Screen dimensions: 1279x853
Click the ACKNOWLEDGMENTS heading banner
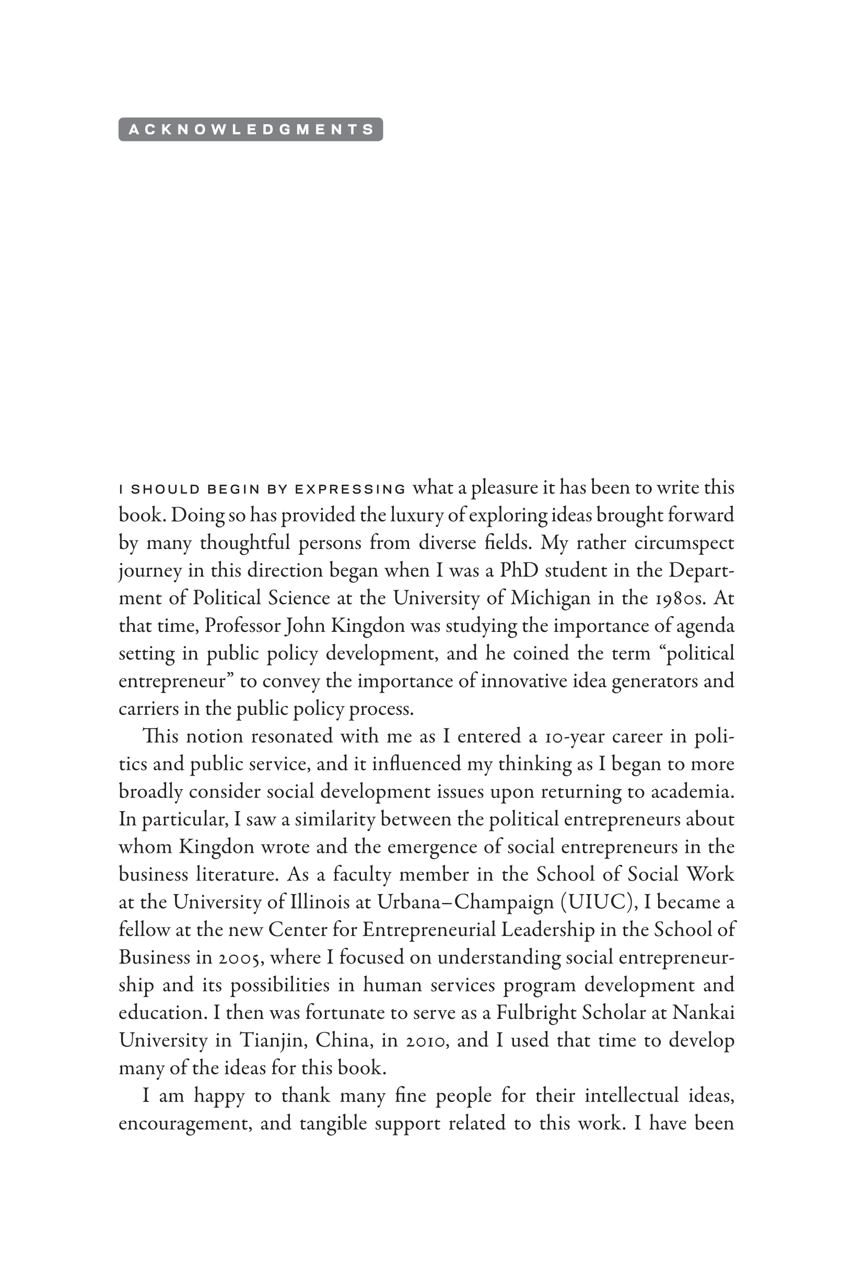251,130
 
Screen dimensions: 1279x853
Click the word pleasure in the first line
504,488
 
